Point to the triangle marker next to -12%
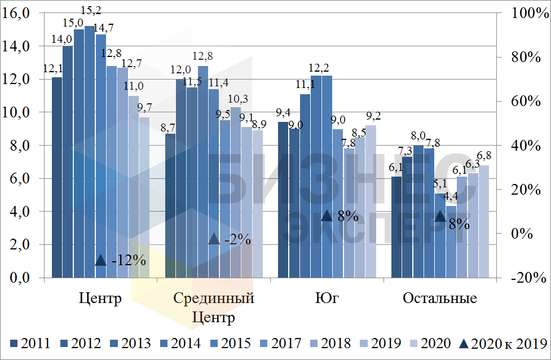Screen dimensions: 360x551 (x=100, y=260)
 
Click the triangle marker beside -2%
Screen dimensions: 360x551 (x=214, y=239)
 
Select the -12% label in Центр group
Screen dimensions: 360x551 (x=129, y=261)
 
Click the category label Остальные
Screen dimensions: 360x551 (x=440, y=298)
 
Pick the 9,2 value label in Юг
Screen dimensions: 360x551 (x=373, y=116)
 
